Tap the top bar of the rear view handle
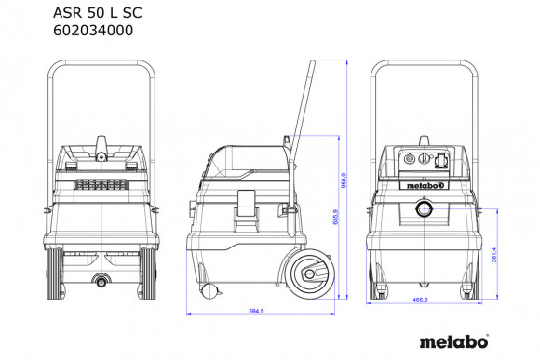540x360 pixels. click(x=100, y=64)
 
